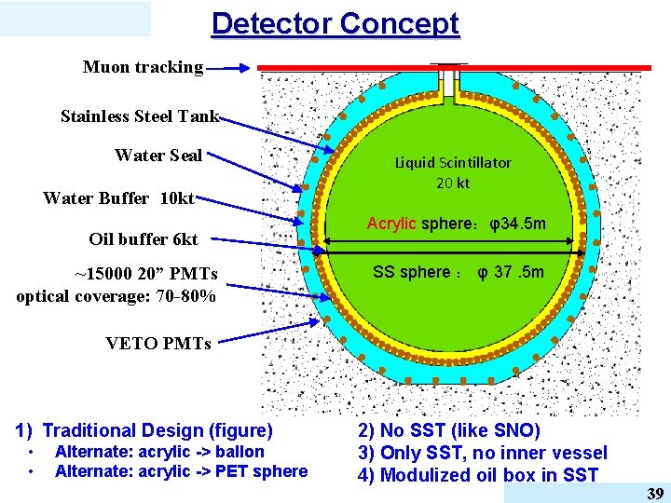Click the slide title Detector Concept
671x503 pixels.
click(335, 23)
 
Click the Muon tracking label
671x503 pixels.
click(143, 67)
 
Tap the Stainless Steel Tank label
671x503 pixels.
click(139, 116)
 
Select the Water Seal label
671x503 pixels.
click(158, 156)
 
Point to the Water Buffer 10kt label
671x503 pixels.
click(118, 198)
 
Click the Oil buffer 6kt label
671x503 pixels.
click(144, 239)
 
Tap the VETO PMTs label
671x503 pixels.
click(158, 343)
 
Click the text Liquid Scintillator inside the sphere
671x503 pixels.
click(453, 162)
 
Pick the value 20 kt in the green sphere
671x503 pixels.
click(453, 183)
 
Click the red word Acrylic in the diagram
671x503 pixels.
click(391, 224)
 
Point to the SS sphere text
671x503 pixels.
click(411, 272)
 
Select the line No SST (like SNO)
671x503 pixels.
click(448, 430)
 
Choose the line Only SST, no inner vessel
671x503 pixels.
click(482, 453)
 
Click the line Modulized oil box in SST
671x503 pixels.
click(478, 475)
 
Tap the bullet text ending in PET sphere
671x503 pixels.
click(181, 471)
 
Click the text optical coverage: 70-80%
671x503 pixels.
click(116, 296)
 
